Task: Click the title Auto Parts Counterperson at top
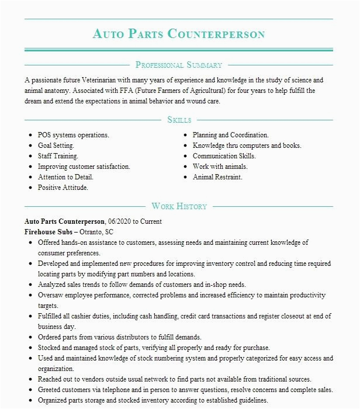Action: pos(179,33)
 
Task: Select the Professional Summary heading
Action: pos(179,65)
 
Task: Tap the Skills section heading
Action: pos(179,120)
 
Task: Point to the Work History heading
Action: pos(179,206)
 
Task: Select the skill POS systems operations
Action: pos(73,135)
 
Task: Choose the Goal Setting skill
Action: pos(56,145)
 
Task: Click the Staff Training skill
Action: pos(58,156)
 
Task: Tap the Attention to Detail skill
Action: pos(65,177)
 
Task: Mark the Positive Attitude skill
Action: pos(63,188)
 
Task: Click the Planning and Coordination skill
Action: pos(230,135)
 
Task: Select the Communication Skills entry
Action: pos(224,156)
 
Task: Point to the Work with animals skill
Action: pos(217,167)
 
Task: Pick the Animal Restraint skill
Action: pos(217,177)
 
